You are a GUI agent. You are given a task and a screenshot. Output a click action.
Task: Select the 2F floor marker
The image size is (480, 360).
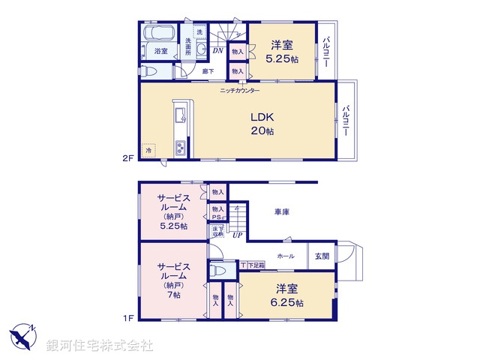[x=128, y=158]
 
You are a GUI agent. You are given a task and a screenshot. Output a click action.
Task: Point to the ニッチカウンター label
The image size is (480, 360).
[x=240, y=91]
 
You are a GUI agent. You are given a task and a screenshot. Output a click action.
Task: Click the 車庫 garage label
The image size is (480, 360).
[x=281, y=212]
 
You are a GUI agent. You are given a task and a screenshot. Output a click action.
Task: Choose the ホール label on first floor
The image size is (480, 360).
[x=286, y=256]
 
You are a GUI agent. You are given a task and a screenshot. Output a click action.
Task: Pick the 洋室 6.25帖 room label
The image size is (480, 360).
[x=289, y=295]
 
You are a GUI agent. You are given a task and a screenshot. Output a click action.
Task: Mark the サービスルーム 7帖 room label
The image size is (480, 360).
[x=173, y=280]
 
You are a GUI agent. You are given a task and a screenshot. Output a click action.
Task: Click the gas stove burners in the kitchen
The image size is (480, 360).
[x=181, y=148]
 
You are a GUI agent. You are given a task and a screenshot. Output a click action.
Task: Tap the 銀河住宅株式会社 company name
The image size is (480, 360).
[x=100, y=344]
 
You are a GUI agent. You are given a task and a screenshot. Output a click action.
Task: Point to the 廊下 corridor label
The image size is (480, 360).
[x=209, y=71]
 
